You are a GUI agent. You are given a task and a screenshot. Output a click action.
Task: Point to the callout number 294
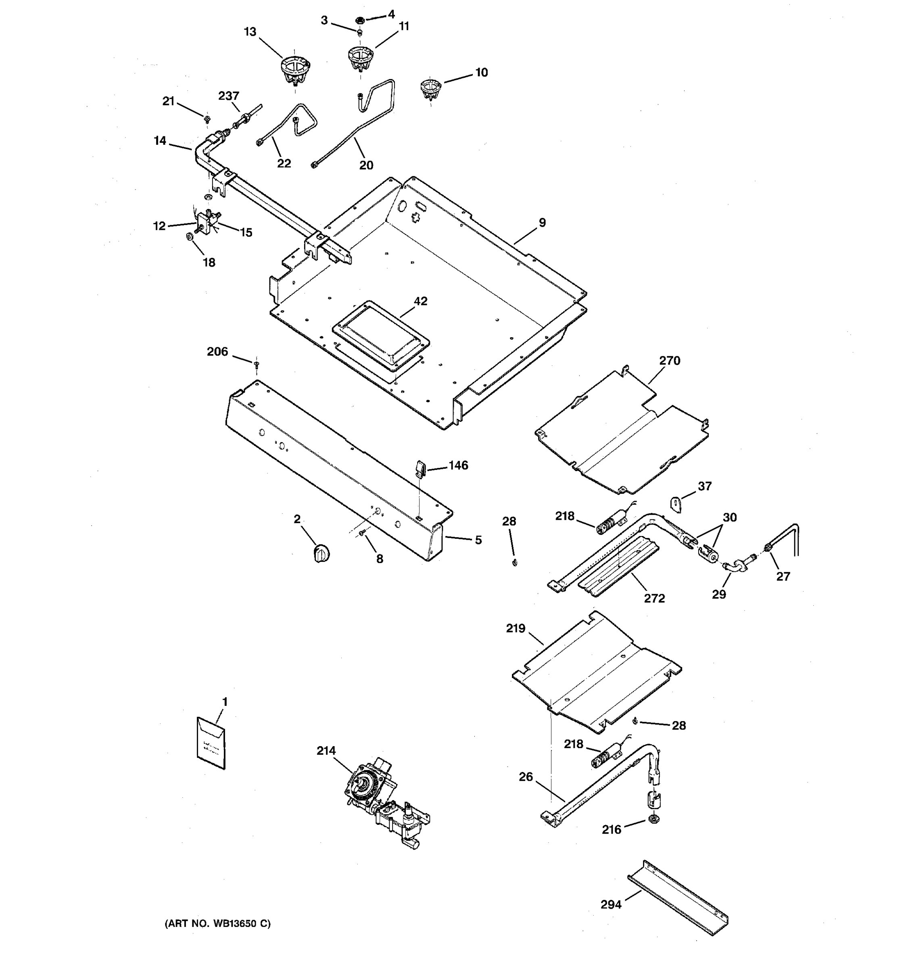pos(611,905)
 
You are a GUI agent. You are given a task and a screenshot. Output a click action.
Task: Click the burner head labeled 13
pos(296,71)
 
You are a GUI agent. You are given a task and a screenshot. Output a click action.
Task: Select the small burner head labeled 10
pos(430,89)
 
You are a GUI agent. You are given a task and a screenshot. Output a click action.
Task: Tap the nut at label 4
pos(360,21)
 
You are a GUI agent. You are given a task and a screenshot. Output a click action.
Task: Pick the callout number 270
pos(670,361)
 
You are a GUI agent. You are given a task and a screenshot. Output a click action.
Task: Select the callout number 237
pos(228,96)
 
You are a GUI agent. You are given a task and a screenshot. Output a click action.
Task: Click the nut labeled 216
pos(654,819)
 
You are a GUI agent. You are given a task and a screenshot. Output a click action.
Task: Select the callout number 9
pos(542,223)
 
